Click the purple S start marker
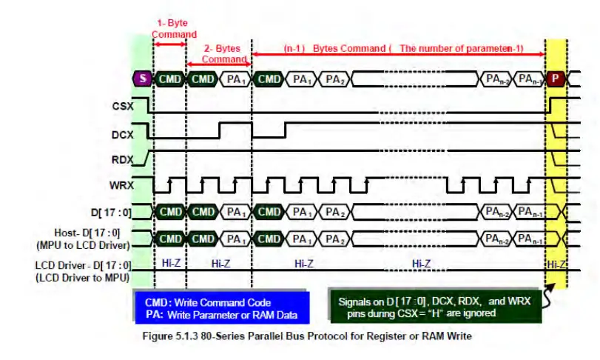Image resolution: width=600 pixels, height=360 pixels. click(x=142, y=79)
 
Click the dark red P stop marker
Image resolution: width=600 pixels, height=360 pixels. click(x=555, y=79)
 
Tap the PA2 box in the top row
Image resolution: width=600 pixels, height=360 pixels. click(x=336, y=79)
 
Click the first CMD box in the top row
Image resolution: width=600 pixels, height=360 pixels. click(x=170, y=79)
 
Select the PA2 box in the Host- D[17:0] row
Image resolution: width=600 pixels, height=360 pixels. click(x=336, y=239)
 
